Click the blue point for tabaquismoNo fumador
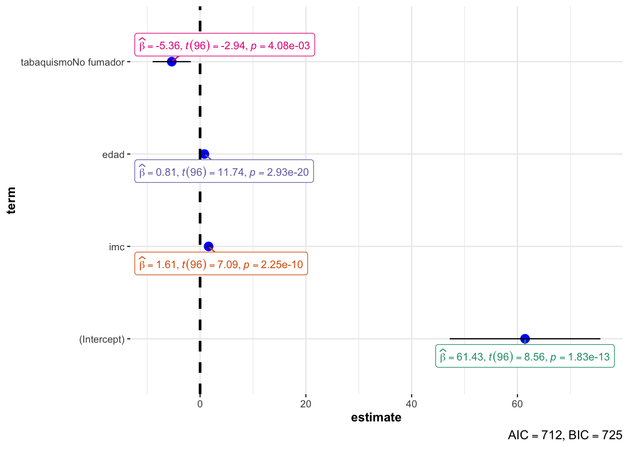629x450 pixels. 172,61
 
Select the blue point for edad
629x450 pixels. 205,154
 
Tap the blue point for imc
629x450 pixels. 209,247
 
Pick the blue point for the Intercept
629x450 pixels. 525,338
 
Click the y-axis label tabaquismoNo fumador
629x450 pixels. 73,62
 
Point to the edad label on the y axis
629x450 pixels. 113,155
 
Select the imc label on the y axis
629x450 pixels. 117,247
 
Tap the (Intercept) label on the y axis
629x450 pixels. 102,339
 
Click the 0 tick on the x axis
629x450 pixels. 200,404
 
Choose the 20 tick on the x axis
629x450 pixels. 306,404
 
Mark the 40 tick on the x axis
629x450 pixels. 411,404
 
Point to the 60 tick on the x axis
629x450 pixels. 517,404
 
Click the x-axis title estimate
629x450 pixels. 376,418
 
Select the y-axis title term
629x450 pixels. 11,200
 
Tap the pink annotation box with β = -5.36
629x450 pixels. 225,45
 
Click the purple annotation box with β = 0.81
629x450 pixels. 224,172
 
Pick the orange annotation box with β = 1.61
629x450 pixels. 221,264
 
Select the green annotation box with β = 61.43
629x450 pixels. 525,357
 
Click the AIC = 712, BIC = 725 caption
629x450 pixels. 565,435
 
